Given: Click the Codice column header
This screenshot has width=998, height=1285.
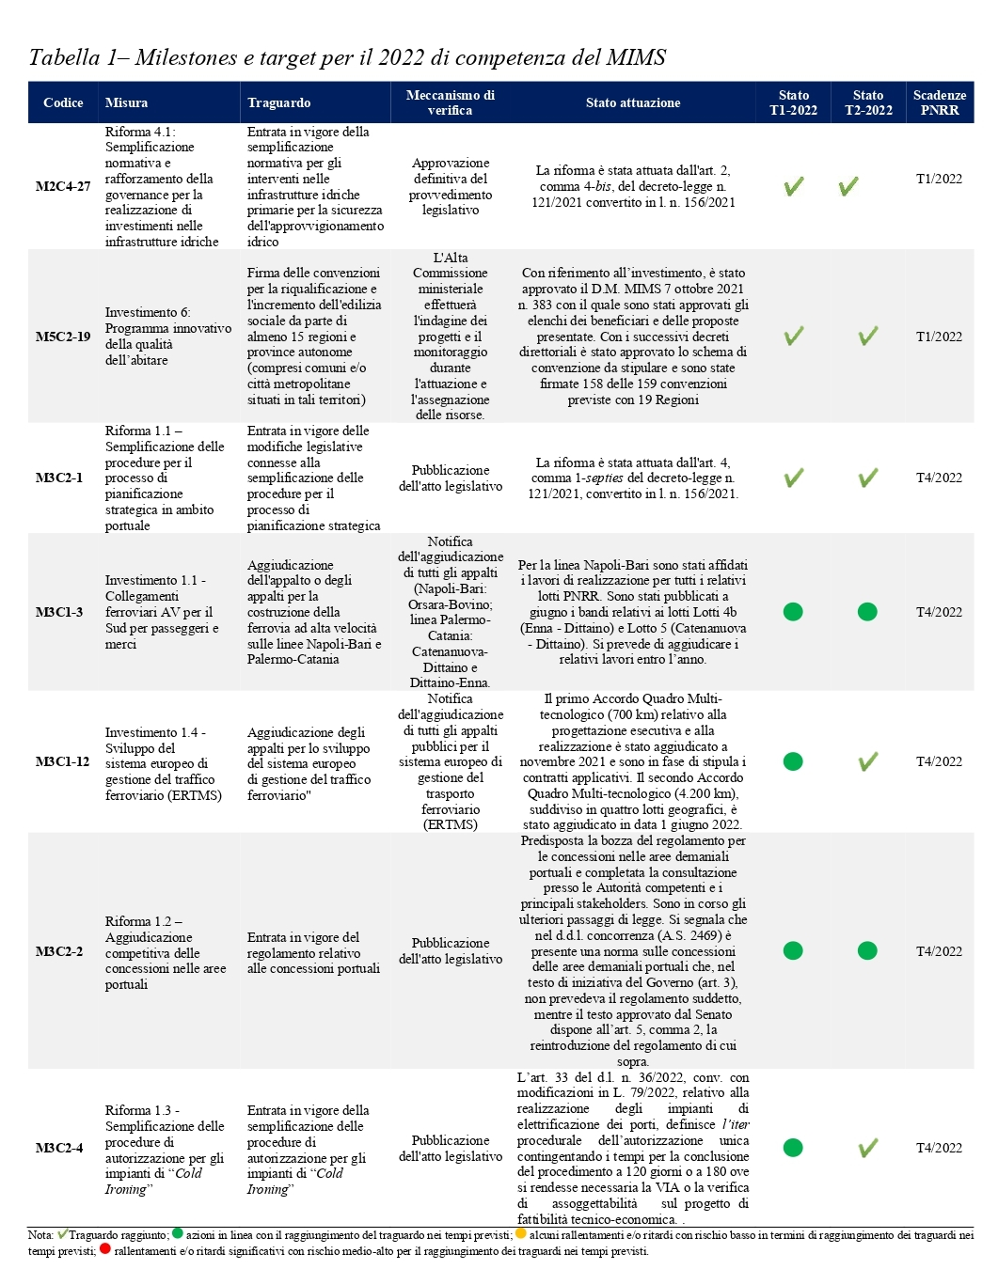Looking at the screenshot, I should pyautogui.click(x=63, y=102).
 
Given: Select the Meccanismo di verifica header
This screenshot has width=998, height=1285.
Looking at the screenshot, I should pyautogui.click(x=450, y=102).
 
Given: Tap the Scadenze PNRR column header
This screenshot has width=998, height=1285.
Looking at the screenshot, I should pyautogui.click(x=939, y=102).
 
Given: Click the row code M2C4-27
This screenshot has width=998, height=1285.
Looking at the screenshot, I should pyautogui.click(x=63, y=186).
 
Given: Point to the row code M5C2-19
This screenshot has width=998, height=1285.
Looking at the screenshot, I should pyautogui.click(x=63, y=337).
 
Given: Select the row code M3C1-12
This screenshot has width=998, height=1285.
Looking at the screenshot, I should pyautogui.click(x=63, y=761).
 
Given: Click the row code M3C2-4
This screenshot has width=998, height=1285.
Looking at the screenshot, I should pyautogui.click(x=59, y=1148).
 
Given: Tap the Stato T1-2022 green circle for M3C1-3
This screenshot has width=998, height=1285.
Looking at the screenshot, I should pyautogui.click(x=793, y=612).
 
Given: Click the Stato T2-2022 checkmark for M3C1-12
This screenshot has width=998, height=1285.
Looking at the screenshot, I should pyautogui.click(x=867, y=761).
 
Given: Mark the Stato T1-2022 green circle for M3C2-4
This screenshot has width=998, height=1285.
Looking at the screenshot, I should pyautogui.click(x=793, y=1148).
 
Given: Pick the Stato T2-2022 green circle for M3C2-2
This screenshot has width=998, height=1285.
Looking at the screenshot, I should pyautogui.click(x=867, y=951).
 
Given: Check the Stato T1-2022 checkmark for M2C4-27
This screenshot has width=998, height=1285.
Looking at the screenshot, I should pyautogui.click(x=793, y=186).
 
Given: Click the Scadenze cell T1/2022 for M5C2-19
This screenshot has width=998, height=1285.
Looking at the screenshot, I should pyautogui.click(x=939, y=337).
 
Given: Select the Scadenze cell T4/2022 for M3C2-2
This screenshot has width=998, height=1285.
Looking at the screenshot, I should pyautogui.click(x=939, y=951).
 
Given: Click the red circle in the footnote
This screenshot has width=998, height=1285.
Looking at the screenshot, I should pyautogui.click(x=104, y=1250).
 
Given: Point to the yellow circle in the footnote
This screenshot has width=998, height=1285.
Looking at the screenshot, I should pyautogui.click(x=520, y=1234).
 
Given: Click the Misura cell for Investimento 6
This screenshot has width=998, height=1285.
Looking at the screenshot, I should pyautogui.click(x=167, y=337).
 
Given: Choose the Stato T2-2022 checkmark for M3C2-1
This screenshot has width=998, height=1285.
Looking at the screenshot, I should pyautogui.click(x=867, y=478).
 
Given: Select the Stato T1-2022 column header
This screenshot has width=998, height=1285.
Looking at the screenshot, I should pyautogui.click(x=793, y=102).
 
